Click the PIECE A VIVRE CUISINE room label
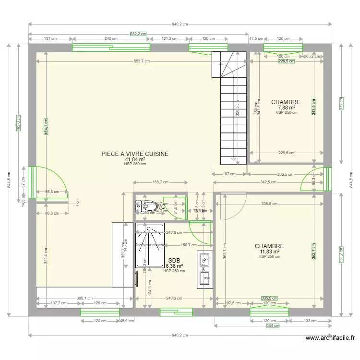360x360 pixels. (135, 154)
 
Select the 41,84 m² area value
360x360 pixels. (135, 159)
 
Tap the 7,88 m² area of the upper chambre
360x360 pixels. (286, 108)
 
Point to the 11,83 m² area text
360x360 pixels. (269, 252)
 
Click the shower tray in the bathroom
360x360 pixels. (150, 245)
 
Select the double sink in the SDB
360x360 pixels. (205, 269)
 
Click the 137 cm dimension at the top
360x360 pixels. (50, 38)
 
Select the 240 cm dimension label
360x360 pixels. (111, 38)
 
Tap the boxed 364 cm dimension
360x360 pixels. (273, 326)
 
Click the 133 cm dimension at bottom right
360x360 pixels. (310, 321)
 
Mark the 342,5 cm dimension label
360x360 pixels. (269, 182)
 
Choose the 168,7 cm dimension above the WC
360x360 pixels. (160, 182)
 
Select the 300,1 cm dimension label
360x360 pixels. (84, 298)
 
